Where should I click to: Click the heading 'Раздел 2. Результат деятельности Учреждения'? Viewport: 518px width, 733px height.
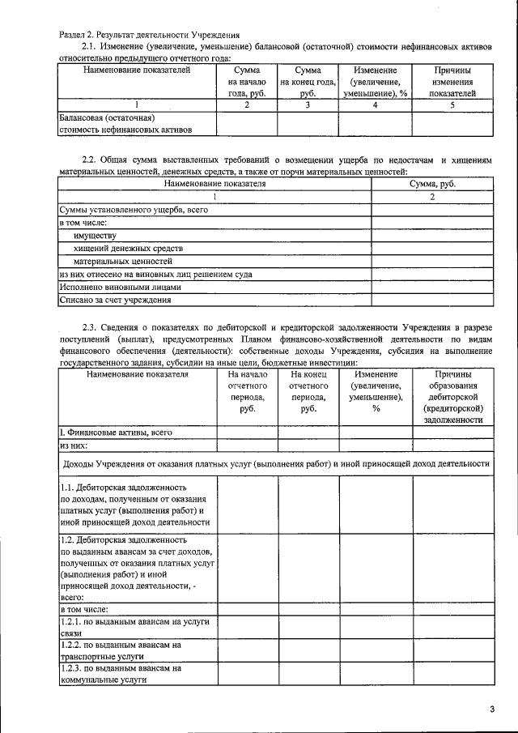coord(149,35)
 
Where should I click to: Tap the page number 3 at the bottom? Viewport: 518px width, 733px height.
coord(491,710)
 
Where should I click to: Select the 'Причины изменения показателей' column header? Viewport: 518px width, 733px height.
coord(452,82)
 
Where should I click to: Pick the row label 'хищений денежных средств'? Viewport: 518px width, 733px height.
coord(129,248)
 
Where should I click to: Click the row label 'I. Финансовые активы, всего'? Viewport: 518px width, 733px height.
coord(117,433)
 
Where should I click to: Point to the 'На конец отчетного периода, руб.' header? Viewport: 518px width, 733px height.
coord(308,392)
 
